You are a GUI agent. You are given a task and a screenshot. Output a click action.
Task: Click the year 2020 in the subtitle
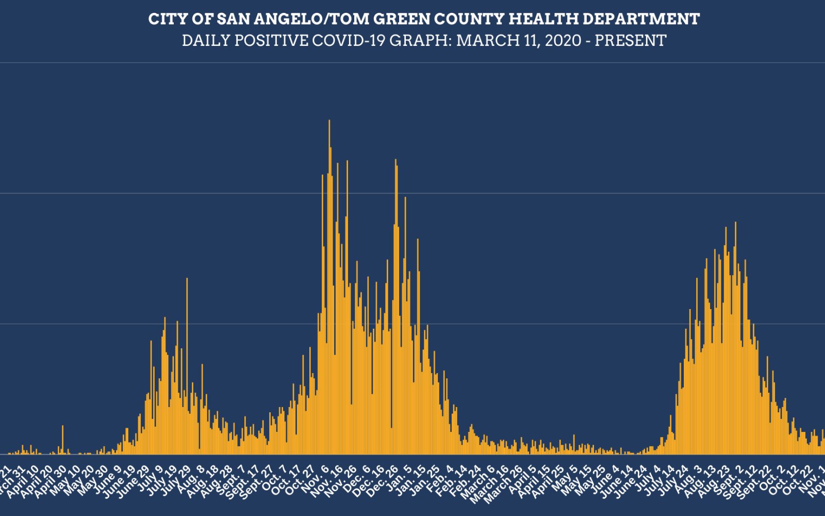[x=563, y=41]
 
